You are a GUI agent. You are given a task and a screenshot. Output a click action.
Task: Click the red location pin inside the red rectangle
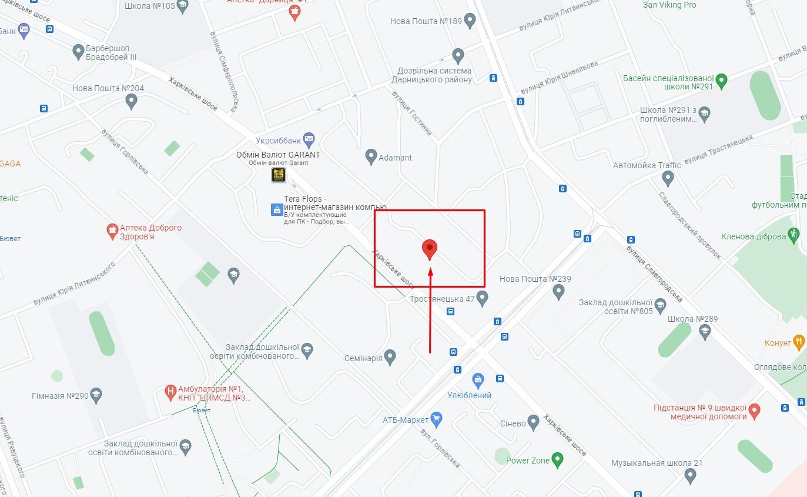coord(430,249)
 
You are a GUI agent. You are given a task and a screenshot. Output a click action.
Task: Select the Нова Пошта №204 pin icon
coord(132,102)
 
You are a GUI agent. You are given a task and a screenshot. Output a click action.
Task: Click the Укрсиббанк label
coord(278,141)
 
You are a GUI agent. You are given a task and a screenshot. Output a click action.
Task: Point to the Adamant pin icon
coord(371,157)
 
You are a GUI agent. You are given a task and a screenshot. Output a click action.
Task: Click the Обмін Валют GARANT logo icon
coord(278,175)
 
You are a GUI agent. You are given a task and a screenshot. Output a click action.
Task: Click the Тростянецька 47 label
coord(441,299)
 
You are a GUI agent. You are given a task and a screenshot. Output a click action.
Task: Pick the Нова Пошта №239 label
coord(535,279)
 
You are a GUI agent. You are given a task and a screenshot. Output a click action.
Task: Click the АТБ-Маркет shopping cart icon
coord(436,419)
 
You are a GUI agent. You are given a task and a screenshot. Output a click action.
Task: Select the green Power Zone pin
coord(557,460)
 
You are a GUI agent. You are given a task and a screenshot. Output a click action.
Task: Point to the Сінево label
coord(513,423)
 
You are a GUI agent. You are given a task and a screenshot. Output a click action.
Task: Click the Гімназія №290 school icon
coord(96,395)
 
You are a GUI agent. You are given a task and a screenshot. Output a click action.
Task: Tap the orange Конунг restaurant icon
coord(798,342)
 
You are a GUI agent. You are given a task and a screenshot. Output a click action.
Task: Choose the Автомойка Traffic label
coord(647,165)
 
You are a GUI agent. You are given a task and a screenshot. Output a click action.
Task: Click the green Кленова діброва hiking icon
coord(794,235)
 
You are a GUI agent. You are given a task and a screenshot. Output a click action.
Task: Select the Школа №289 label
coord(692,319)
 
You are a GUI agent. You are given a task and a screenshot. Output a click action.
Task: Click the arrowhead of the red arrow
coord(431,272)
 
